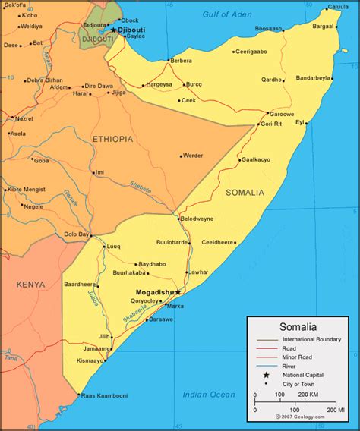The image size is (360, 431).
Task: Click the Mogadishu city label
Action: pos(154,291)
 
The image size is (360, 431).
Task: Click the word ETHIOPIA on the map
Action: pos(112,139)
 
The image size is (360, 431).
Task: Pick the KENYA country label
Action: pos(30,285)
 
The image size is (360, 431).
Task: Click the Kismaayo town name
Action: pos(90,360)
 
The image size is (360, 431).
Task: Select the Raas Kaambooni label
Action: pos(105,395)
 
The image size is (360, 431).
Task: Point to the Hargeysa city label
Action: pos(159,84)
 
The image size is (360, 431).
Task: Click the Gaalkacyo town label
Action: pos(255,159)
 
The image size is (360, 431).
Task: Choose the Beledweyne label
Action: pos(197,219)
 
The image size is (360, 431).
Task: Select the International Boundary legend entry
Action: pos(311,339)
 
